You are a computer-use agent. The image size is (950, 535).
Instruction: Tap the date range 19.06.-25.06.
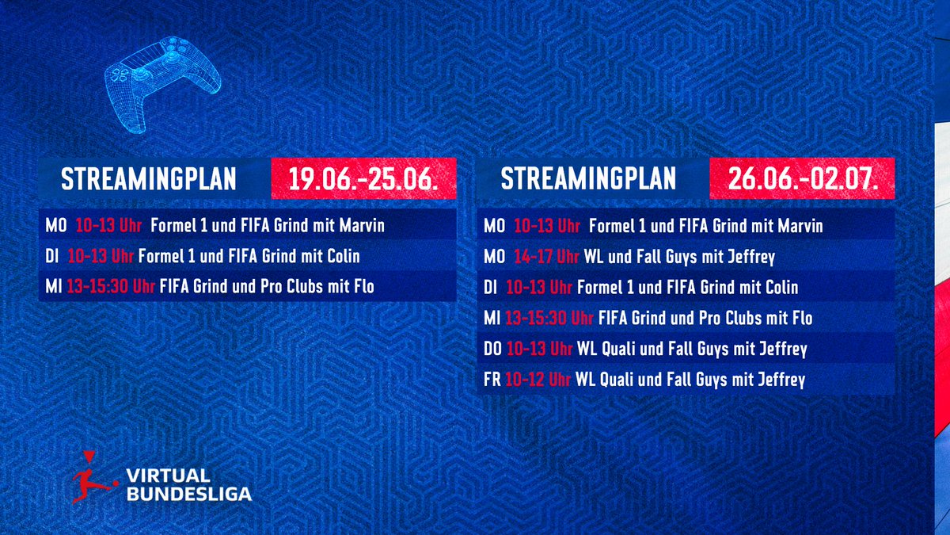[364, 179]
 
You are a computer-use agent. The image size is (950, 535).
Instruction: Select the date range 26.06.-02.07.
[802, 179]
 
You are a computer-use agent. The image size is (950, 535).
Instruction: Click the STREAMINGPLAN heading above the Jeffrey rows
[587, 179]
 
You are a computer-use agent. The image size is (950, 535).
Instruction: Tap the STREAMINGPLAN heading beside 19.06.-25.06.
[149, 179]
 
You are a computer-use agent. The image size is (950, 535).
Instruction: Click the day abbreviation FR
[492, 380]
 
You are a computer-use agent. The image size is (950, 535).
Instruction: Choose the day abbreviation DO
[493, 350]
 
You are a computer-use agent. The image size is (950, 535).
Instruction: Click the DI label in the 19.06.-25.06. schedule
[53, 257]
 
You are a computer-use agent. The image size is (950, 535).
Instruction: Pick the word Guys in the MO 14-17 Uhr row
[707, 257]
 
